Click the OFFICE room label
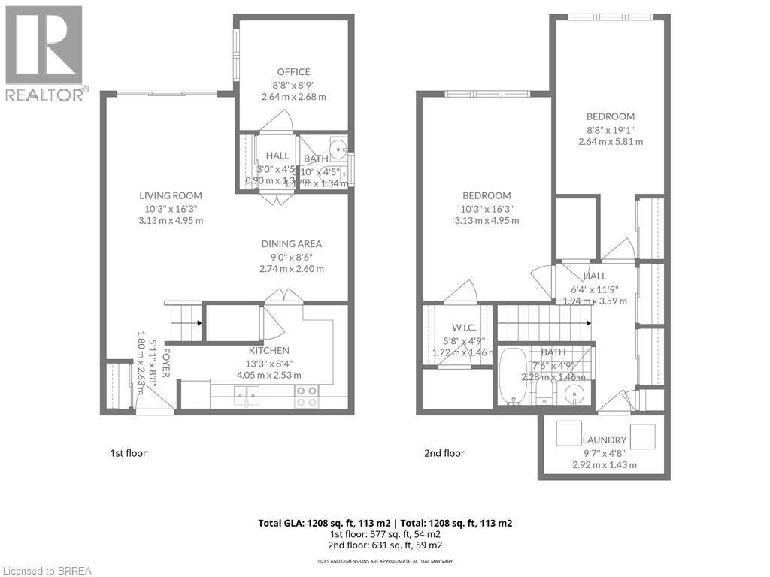pyautogui.click(x=293, y=72)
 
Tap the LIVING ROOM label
pyautogui.click(x=171, y=195)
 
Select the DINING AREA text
pyautogui.click(x=292, y=243)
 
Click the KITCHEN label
pyautogui.click(x=268, y=350)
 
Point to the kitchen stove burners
pyautogui.click(x=305, y=396)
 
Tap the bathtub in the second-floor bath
pyautogui.click(x=514, y=376)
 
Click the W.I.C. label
pyautogui.click(x=462, y=327)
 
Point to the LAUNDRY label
pyautogui.click(x=604, y=440)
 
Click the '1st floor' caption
pyautogui.click(x=129, y=453)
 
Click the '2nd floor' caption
pyautogui.click(x=444, y=453)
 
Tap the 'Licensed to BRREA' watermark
pyautogui.click(x=47, y=570)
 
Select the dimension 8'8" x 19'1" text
pyautogui.click(x=610, y=129)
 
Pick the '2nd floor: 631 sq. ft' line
pyautogui.click(x=384, y=545)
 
